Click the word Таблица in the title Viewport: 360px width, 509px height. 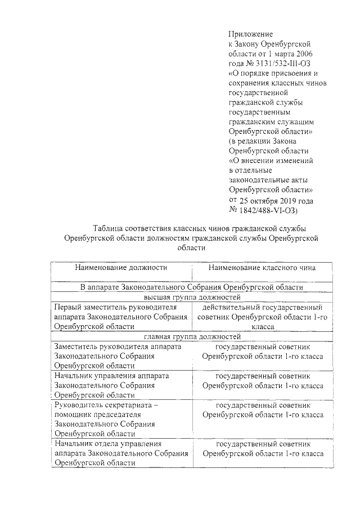111,228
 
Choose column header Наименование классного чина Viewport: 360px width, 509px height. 262,268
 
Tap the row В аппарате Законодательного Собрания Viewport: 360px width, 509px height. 192,287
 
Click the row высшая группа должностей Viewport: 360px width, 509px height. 192,297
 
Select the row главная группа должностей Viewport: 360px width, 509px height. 192,337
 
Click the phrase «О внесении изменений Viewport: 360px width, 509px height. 271,161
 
